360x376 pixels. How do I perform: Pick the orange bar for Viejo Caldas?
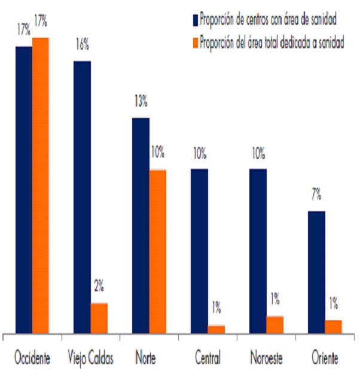tap(99, 318)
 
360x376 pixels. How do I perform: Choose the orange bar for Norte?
tap(158, 251)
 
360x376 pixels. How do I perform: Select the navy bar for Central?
tap(199, 251)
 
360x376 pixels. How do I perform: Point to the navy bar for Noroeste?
tap(258, 251)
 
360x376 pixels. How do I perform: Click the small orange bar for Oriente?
tap(334, 326)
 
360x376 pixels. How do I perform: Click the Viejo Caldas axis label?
tap(91, 359)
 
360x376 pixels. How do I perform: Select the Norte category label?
tap(146, 359)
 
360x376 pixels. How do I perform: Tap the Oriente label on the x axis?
tap(325, 359)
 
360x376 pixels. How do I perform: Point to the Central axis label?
tap(208, 359)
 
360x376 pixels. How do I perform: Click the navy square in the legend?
tap(195, 20)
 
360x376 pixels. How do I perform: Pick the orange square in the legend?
tap(195, 43)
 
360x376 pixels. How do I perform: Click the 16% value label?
tap(82, 44)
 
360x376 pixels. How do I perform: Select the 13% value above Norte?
tap(141, 102)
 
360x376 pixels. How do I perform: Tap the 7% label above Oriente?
tap(316, 195)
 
